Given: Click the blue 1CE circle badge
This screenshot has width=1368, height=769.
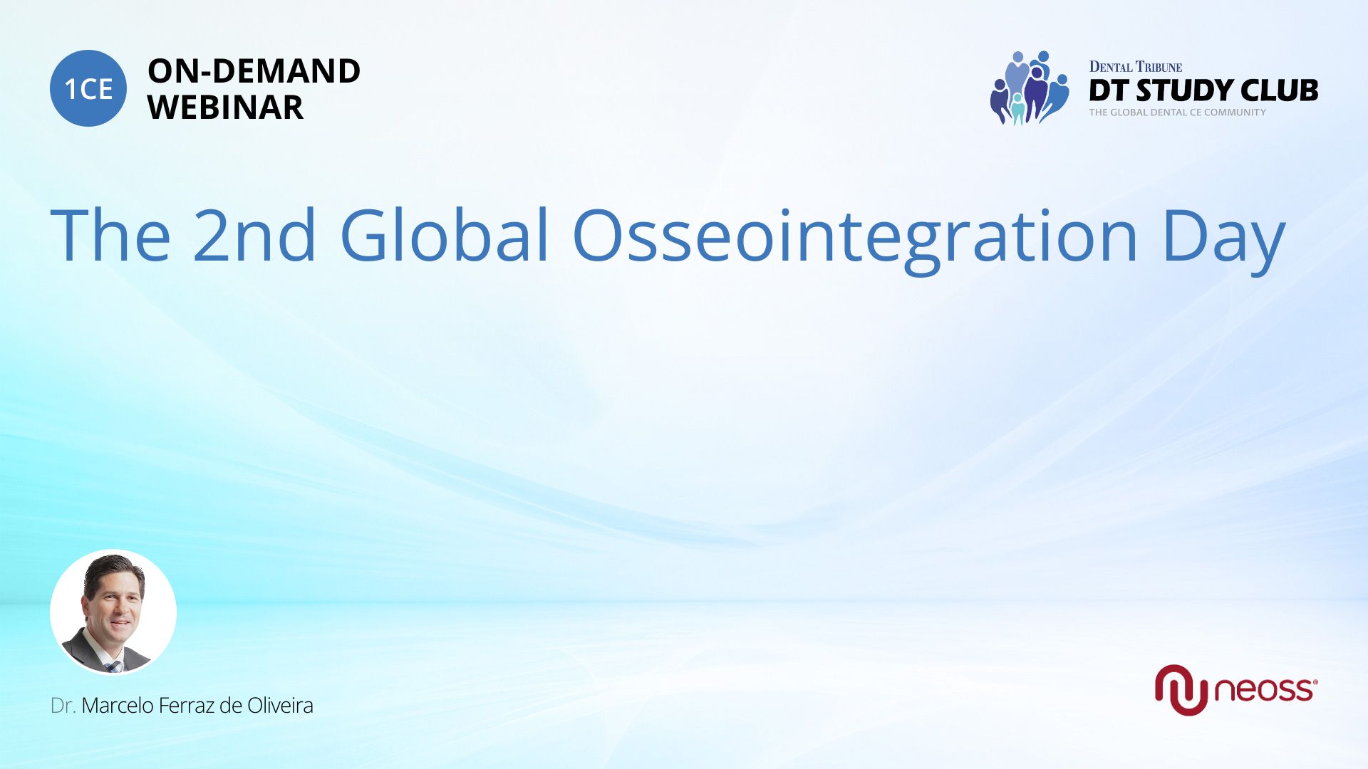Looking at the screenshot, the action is click(x=88, y=88).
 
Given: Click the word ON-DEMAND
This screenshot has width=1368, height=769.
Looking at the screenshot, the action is click(x=254, y=71).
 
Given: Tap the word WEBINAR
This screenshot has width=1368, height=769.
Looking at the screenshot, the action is click(x=226, y=108).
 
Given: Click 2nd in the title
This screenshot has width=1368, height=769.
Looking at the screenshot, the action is click(x=254, y=235).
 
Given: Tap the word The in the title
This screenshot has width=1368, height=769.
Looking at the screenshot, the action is click(x=110, y=235).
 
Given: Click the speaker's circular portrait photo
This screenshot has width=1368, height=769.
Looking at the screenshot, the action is click(x=113, y=612).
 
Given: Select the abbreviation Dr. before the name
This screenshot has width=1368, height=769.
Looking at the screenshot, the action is click(x=63, y=706).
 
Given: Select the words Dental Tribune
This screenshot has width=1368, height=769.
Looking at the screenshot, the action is click(x=1136, y=67).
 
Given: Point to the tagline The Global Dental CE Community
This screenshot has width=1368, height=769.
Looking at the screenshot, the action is click(x=1178, y=113).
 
